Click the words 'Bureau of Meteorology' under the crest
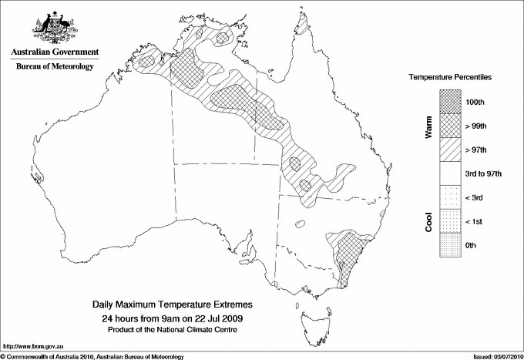click(x=55, y=66)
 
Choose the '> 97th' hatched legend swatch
click(x=450, y=149)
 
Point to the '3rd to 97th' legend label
click(x=483, y=173)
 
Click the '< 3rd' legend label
click(x=475, y=197)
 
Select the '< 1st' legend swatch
click(x=450, y=221)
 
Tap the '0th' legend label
click(x=473, y=246)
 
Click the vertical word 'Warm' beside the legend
click(x=428, y=126)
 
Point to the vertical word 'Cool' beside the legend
click(x=428, y=221)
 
